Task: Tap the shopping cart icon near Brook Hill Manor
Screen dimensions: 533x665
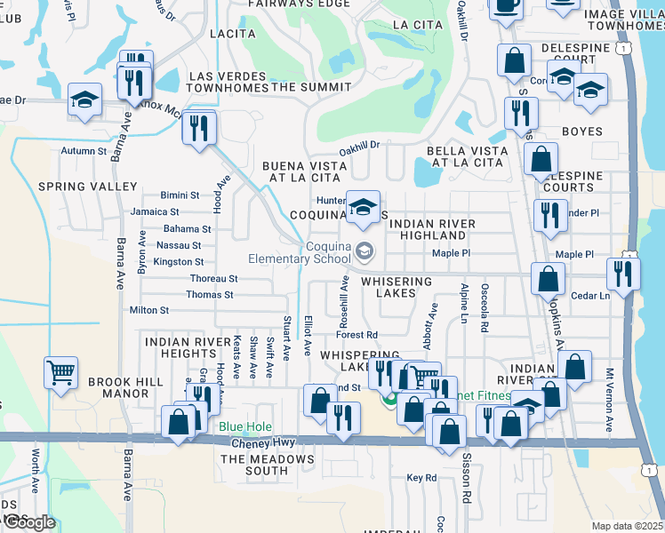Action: point(60,374)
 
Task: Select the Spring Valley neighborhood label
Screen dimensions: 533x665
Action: point(87,187)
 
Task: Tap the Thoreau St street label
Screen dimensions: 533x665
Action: point(214,278)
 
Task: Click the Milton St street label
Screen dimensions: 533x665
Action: point(148,310)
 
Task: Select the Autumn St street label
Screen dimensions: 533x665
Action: point(84,151)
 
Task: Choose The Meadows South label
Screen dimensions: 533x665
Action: point(268,465)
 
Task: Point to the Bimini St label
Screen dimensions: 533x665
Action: point(180,195)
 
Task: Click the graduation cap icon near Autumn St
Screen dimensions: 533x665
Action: point(84,99)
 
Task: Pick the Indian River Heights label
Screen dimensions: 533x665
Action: point(180,347)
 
